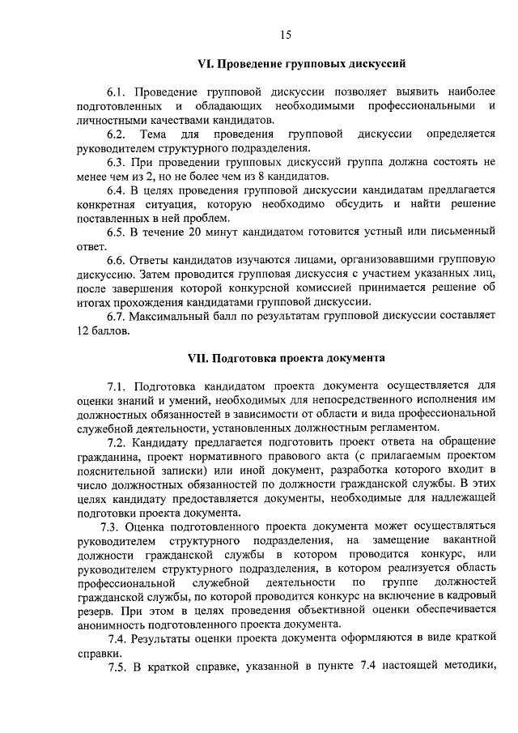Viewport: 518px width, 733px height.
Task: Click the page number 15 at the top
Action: click(x=285, y=34)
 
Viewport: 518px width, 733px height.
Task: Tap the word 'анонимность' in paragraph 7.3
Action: click(x=116, y=624)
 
